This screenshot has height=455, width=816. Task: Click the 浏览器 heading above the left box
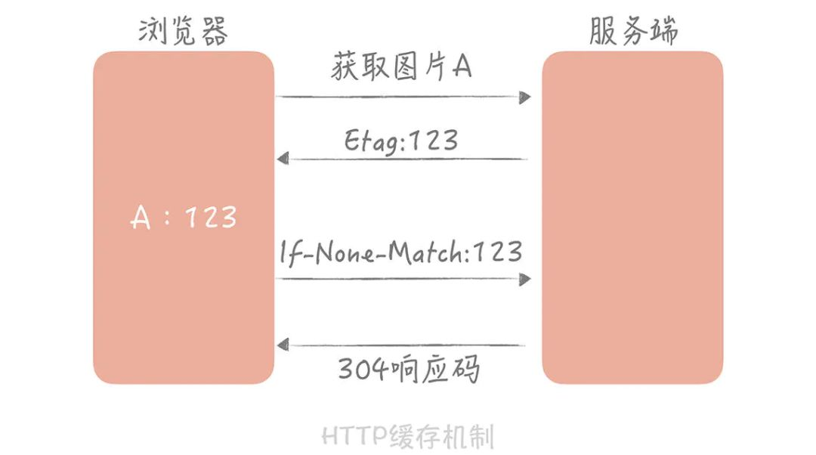184,31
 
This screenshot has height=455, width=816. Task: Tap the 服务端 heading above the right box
633,31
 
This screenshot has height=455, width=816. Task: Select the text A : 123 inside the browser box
184,218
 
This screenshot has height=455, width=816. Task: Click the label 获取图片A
401,67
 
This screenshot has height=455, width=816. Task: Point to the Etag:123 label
401,140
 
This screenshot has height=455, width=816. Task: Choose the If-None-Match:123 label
401,252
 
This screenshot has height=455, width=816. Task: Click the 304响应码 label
409,370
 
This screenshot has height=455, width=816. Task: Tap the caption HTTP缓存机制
408,436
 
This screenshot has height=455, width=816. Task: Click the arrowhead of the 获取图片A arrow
524,97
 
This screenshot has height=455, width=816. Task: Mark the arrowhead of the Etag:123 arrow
283,159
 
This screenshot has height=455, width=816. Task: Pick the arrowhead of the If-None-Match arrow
524,279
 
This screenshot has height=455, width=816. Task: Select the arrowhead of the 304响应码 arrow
283,345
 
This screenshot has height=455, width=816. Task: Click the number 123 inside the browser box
211,218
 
